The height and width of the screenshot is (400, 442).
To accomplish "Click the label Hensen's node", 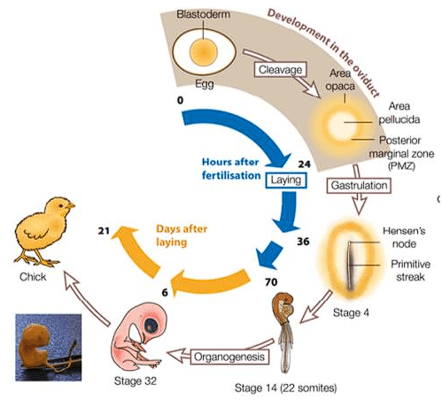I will pyautogui.click(x=414, y=235).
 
